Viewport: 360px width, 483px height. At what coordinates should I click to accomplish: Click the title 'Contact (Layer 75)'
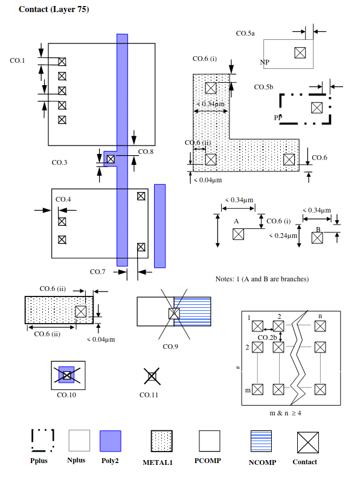(54, 9)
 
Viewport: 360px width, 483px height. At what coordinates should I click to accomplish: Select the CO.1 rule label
(18, 60)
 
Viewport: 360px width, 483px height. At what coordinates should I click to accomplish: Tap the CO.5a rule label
(245, 33)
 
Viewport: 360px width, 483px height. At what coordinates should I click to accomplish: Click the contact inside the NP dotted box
(300, 53)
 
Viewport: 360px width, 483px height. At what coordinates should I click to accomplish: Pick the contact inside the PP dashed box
(317, 108)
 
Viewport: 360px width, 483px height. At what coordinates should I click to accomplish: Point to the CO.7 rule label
(97, 272)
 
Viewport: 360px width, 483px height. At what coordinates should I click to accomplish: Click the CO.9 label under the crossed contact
(170, 347)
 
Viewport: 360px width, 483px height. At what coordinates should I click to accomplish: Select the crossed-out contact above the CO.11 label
(152, 376)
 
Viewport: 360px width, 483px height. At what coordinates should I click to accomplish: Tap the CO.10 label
(66, 395)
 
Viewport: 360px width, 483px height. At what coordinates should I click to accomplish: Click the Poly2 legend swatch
(111, 441)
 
